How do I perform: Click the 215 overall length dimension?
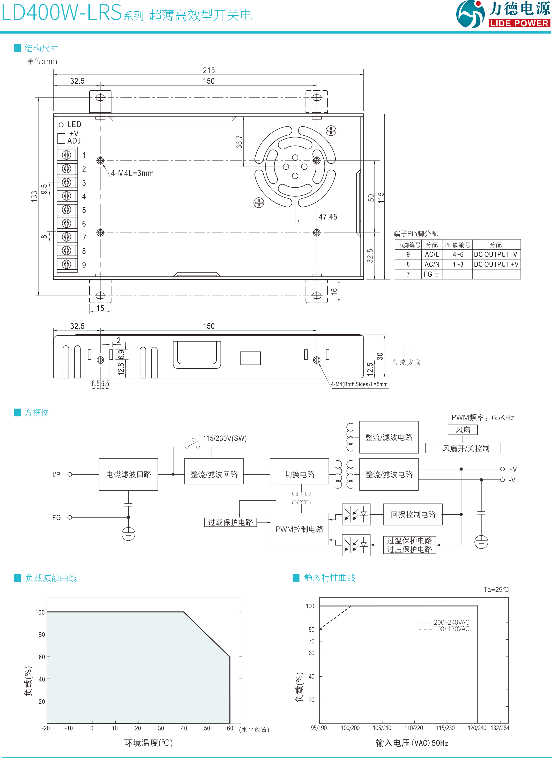point(209,71)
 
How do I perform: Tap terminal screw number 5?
point(66,210)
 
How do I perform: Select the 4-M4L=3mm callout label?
point(132,173)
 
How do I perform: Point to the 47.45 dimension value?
point(328,216)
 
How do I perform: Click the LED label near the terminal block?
point(74,124)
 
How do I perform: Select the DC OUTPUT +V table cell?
point(496,264)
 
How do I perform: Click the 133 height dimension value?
point(34,197)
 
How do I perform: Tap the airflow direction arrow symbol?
point(406,350)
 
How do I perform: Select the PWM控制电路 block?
point(300,529)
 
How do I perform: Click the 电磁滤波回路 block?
point(129,474)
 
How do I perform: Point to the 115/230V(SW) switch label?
point(225,438)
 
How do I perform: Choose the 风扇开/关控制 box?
point(466,448)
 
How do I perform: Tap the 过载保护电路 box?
point(230,522)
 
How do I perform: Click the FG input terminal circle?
point(70,517)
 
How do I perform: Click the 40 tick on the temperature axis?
point(184,728)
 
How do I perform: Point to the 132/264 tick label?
point(499,728)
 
